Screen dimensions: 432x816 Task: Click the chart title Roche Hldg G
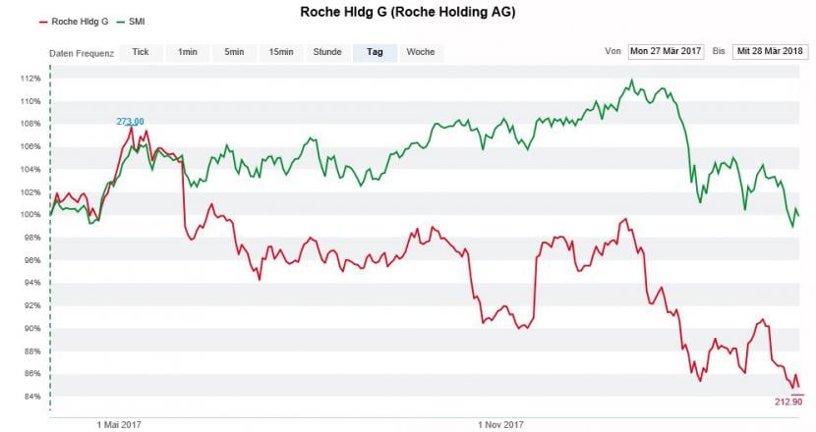coord(407,12)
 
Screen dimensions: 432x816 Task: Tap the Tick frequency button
coord(141,52)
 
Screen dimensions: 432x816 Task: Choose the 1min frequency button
coord(187,52)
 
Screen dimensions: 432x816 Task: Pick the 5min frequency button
coord(234,52)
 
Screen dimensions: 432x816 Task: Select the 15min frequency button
coord(281,52)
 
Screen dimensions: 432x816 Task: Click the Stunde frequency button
coord(327,52)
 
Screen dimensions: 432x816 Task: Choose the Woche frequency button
coord(421,52)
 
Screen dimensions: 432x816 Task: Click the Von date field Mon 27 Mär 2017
coord(666,51)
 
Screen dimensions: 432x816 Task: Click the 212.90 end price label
coord(788,402)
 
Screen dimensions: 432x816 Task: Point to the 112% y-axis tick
coord(30,79)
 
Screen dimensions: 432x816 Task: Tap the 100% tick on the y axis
coord(30,215)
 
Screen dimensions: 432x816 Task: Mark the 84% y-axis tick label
coord(32,397)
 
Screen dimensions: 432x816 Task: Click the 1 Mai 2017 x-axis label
coord(119,424)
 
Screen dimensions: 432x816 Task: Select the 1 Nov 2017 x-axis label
coord(500,424)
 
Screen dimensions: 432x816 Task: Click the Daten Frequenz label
coord(82,53)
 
